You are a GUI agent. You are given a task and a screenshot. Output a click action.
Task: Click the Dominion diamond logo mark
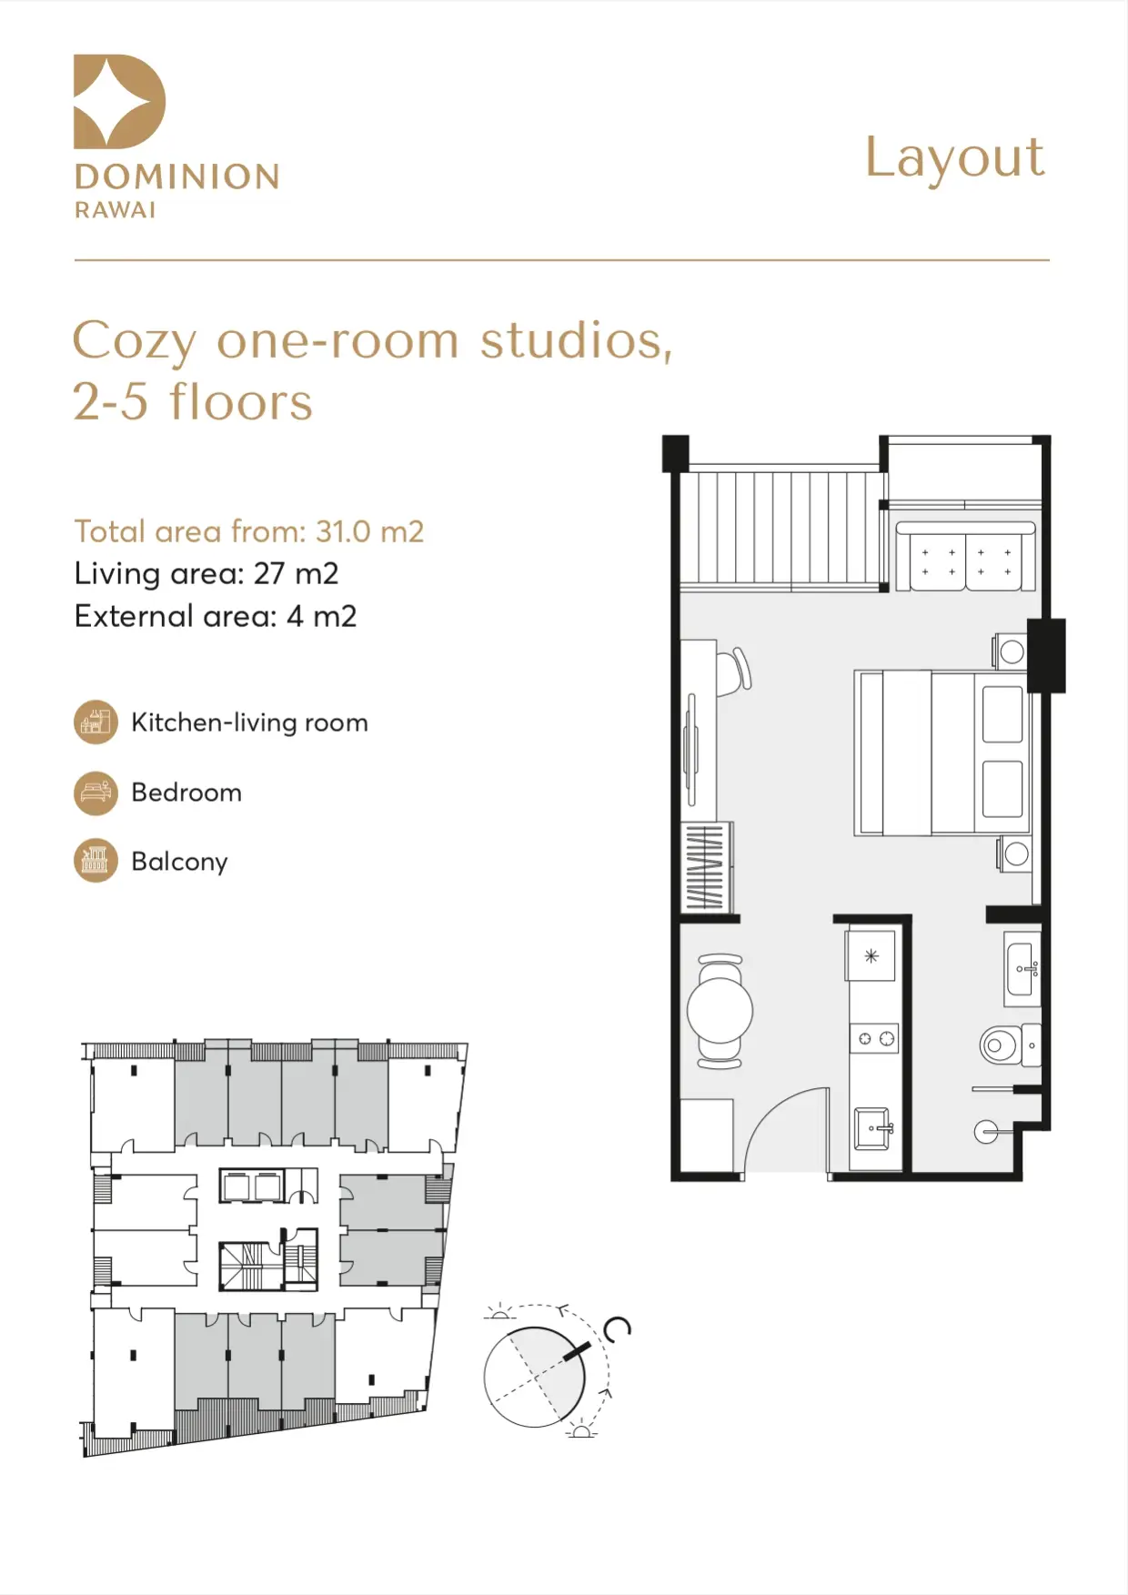click(x=119, y=101)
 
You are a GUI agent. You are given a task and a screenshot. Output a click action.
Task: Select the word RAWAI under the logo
click(x=115, y=210)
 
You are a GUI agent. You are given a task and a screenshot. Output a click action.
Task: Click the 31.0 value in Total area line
click(x=344, y=531)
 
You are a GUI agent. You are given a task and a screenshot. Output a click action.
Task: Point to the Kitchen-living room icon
click(x=96, y=722)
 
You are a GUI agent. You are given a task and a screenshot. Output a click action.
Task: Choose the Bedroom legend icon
click(x=96, y=792)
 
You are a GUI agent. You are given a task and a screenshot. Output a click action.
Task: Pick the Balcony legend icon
click(x=96, y=861)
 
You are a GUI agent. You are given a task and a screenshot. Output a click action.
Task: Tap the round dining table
click(x=720, y=1010)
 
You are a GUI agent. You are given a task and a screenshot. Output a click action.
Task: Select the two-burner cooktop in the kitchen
click(x=874, y=1038)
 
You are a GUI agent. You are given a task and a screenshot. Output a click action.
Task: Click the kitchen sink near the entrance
click(x=873, y=1129)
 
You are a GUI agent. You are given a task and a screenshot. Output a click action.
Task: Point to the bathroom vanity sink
click(x=1022, y=969)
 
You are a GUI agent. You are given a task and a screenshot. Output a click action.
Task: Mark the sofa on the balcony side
click(x=966, y=556)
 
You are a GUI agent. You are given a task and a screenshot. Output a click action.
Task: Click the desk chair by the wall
click(x=733, y=671)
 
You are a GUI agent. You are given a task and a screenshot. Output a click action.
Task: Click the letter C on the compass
click(x=618, y=1329)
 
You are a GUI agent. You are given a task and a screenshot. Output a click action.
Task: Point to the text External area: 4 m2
click(x=216, y=617)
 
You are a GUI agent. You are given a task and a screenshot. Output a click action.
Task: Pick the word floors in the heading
click(x=241, y=402)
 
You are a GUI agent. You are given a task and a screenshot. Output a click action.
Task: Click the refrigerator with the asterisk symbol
click(x=871, y=955)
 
